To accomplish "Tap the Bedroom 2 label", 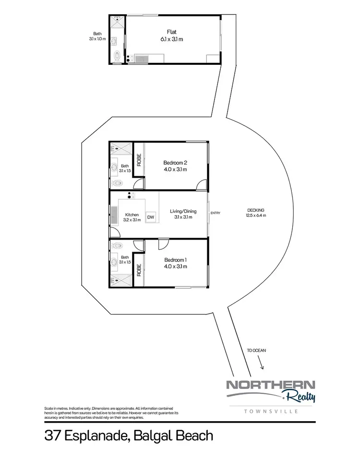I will [175, 162].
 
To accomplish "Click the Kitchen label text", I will [132, 215].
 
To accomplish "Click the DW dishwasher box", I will [151, 217].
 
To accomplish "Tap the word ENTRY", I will [215, 213].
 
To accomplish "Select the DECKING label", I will [256, 210].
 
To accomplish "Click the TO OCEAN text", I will [256, 351].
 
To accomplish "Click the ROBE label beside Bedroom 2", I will [139, 159].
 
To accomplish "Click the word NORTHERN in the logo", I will [270, 385].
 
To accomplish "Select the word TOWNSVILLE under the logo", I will [271, 412].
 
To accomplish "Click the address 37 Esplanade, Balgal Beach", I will [129, 436].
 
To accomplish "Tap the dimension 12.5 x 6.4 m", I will [256, 216].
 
